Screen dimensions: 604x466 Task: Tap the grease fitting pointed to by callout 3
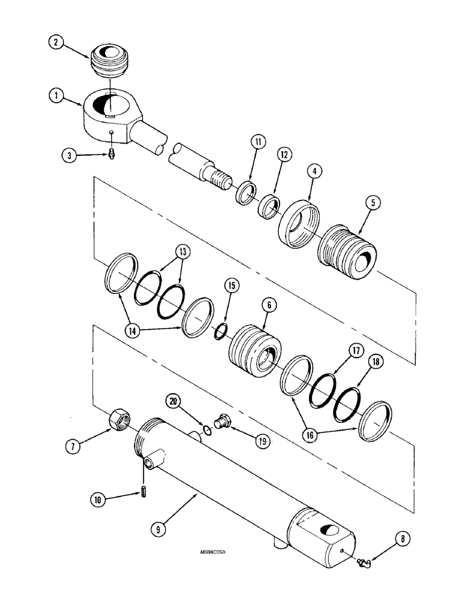tap(112, 156)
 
